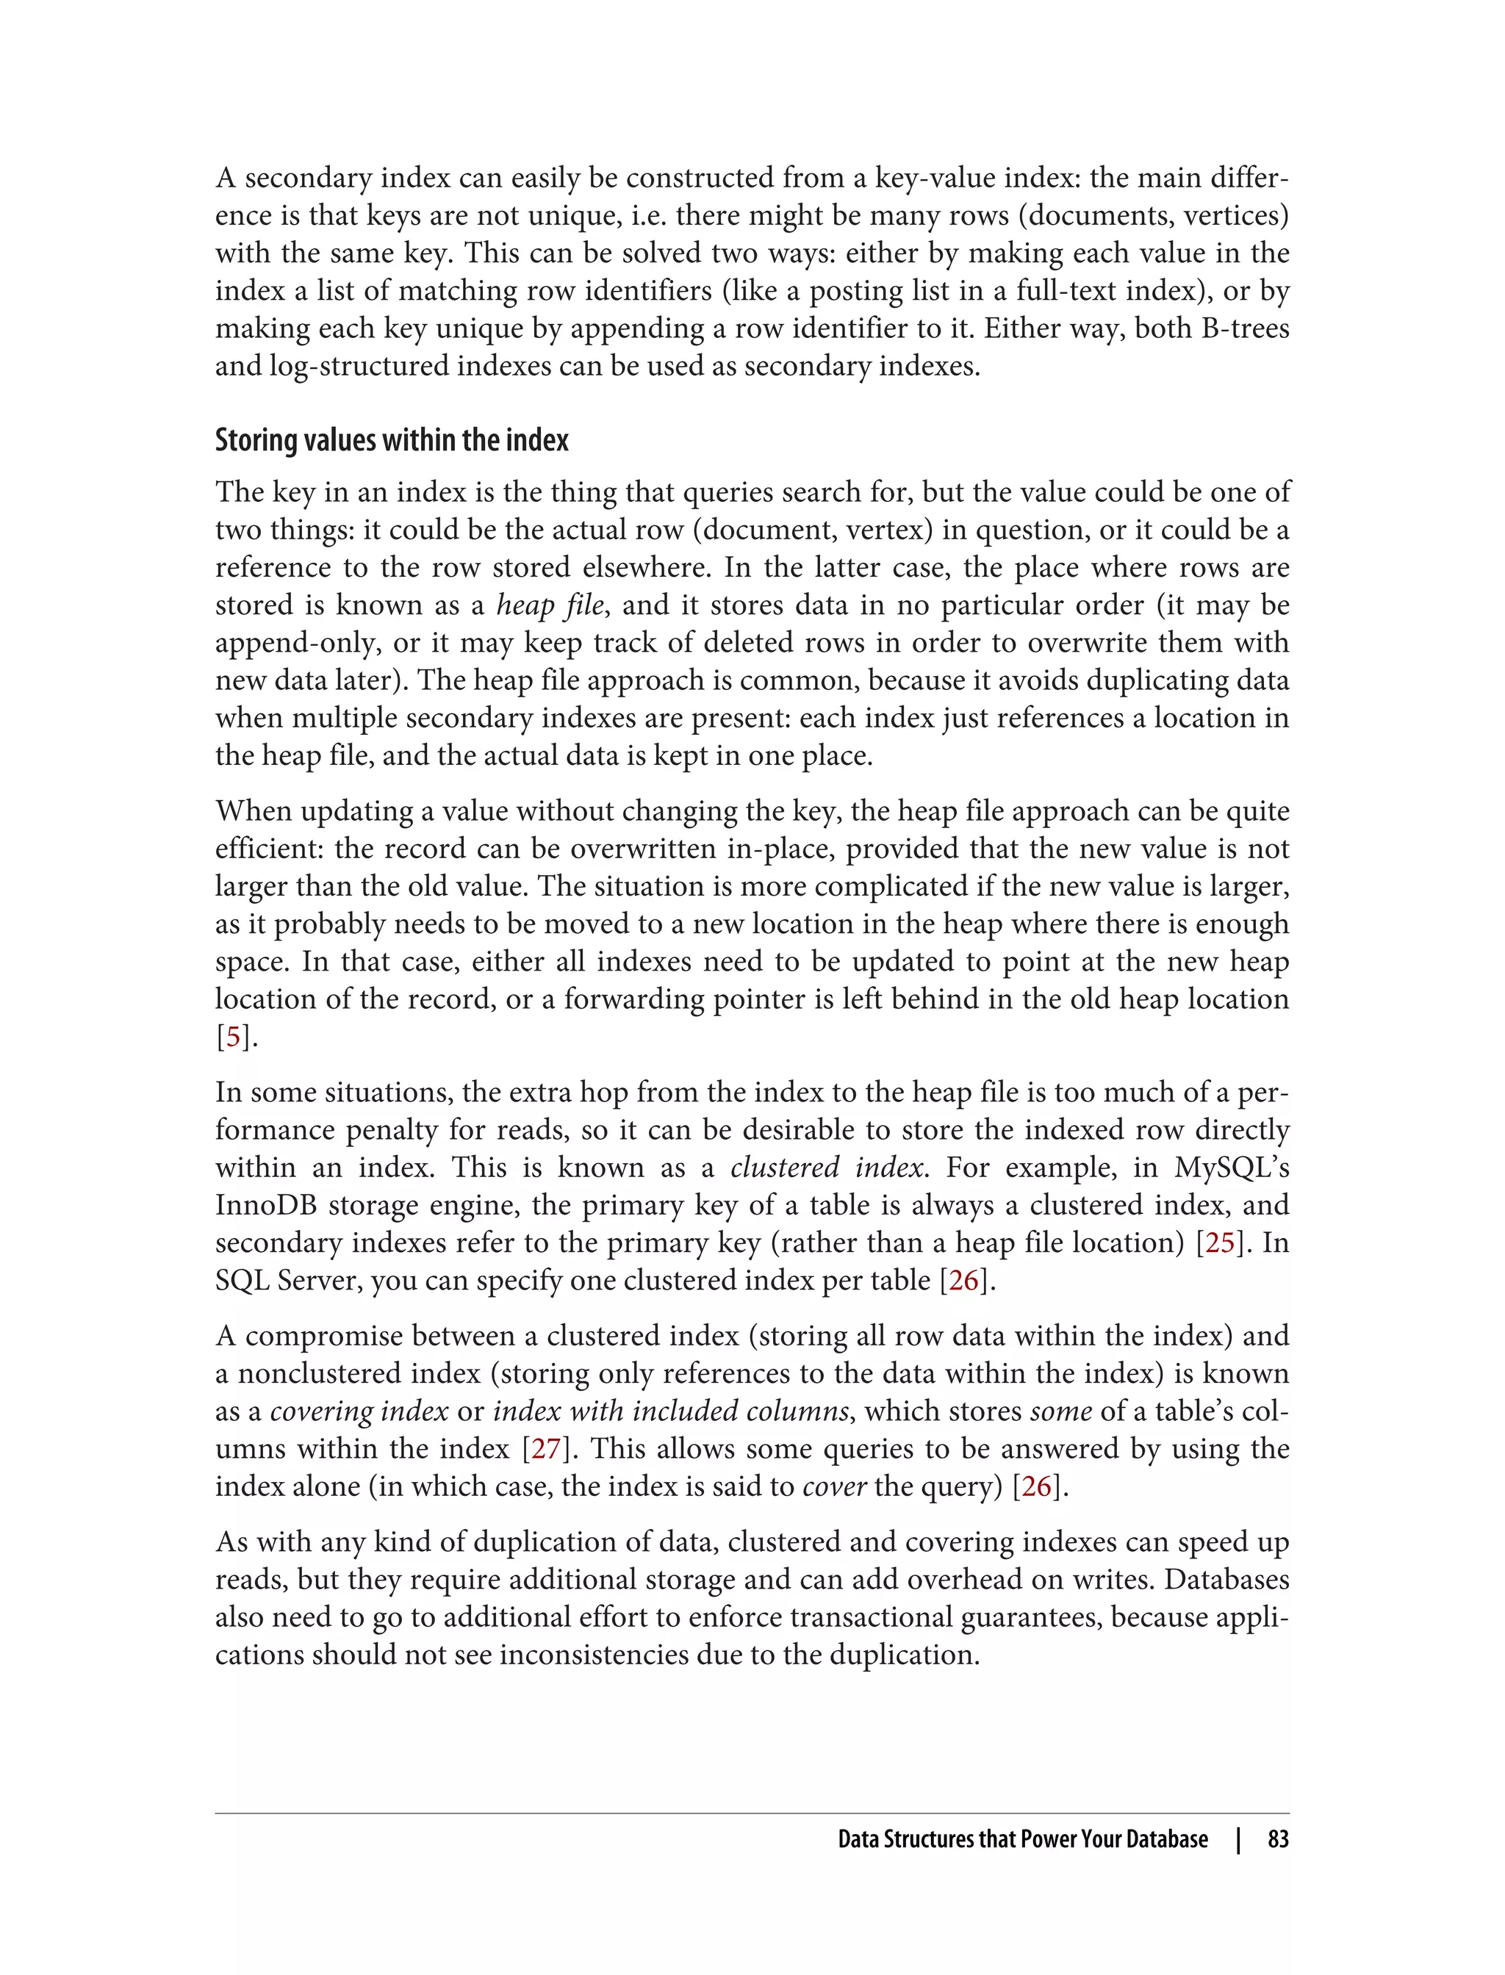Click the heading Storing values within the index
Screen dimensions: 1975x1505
(x=392, y=440)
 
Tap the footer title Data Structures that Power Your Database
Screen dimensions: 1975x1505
(x=1022, y=1840)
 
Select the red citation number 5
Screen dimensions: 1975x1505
(x=234, y=1037)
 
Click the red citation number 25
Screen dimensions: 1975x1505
(x=1220, y=1243)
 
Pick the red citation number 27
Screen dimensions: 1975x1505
(x=545, y=1449)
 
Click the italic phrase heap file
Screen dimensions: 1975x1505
(x=550, y=605)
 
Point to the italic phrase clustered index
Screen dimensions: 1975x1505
(x=826, y=1168)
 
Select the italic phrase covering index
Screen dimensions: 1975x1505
(x=359, y=1411)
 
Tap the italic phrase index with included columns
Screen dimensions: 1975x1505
(x=671, y=1411)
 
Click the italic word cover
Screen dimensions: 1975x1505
(x=834, y=1487)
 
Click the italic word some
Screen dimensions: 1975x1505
(x=1060, y=1411)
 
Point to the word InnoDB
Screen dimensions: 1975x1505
(x=265, y=1206)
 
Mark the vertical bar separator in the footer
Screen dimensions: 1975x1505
(x=1238, y=1840)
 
